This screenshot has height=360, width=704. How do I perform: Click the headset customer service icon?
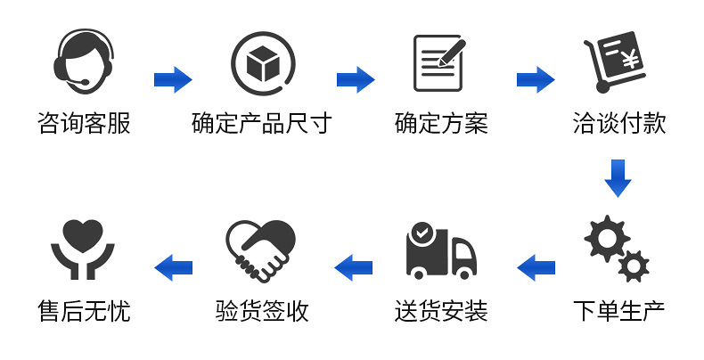84,61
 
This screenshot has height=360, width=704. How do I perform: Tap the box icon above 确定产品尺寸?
263,62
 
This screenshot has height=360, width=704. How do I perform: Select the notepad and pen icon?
440,62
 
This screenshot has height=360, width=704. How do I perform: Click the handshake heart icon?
261,250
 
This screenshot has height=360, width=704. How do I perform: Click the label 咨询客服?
84,124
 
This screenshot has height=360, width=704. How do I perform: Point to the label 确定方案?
441,124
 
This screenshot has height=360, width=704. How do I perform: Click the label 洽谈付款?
618,124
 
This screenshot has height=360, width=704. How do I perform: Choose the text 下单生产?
618,311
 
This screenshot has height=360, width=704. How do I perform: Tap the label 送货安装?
441,311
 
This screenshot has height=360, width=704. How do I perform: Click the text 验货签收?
262,311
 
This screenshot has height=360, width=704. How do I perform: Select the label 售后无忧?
84,311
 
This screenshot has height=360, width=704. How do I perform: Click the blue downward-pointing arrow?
618,176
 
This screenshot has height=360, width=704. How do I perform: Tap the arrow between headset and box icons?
174,79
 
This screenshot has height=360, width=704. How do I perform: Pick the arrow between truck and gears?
536,266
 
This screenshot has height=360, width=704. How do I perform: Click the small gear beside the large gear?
634,264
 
